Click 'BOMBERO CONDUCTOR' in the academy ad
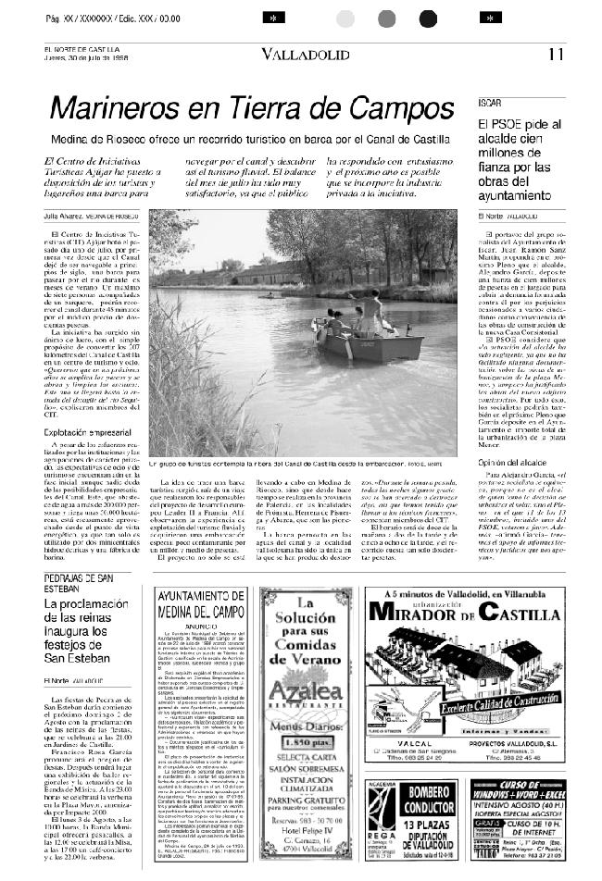pyautogui.click(x=431, y=800)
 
